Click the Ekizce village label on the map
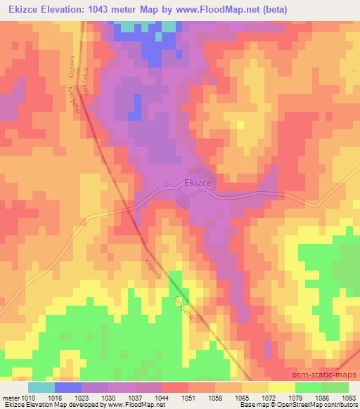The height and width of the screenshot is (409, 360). [x=198, y=182]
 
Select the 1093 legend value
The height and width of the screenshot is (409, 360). [x=349, y=397]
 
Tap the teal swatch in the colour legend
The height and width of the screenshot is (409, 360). [x=41, y=387]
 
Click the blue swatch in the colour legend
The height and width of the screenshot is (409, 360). [x=68, y=387]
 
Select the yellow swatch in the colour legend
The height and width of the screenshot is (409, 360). [x=283, y=387]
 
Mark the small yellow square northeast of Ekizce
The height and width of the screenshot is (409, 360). [x=240, y=125]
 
